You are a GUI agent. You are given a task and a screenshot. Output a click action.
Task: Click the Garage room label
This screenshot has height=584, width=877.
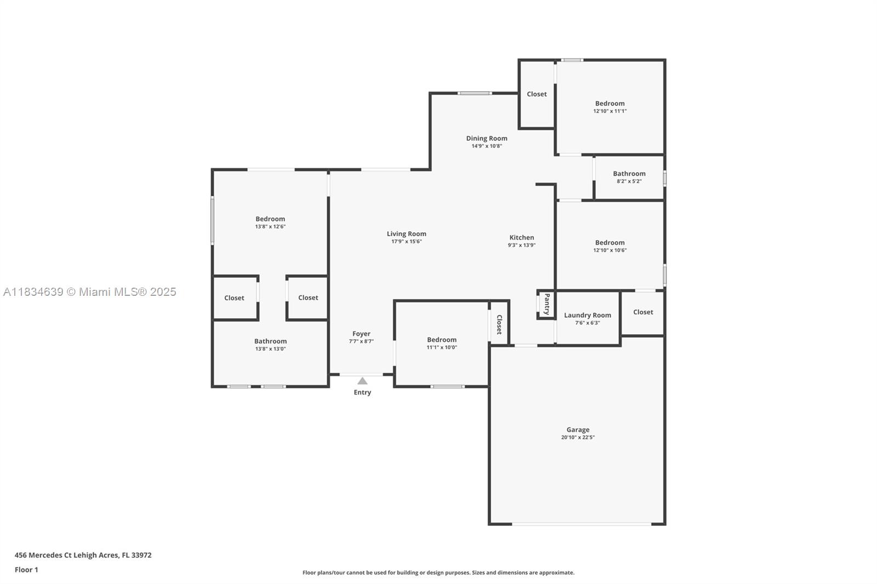tap(578, 430)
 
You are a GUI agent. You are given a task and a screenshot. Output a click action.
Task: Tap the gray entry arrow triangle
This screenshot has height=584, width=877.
tap(362, 381)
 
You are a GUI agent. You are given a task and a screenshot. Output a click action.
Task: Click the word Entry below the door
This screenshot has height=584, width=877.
tap(362, 392)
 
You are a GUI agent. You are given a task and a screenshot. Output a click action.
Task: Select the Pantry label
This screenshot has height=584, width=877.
tap(546, 304)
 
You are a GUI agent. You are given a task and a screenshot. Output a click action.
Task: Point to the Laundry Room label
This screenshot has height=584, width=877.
tap(587, 315)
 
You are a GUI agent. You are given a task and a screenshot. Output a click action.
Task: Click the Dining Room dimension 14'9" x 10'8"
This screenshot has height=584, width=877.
tap(487, 146)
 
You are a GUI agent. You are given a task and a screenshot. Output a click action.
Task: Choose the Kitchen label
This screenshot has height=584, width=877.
tap(521, 238)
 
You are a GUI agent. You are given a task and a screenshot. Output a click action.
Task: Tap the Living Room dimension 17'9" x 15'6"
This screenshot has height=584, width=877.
tap(406, 242)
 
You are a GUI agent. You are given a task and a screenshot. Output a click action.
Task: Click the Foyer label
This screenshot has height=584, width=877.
tap(361, 334)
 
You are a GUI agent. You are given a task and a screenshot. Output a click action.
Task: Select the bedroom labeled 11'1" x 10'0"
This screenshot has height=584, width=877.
tap(441, 340)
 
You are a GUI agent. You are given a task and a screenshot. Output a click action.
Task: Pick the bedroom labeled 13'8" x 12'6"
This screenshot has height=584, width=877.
tap(270, 219)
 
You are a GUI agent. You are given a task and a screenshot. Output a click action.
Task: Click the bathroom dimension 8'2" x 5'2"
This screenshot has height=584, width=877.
tap(629, 181)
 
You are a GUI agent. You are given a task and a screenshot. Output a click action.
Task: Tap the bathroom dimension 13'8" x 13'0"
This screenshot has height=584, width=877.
tap(270, 349)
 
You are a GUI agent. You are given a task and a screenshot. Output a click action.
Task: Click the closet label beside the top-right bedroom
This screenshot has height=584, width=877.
tap(537, 94)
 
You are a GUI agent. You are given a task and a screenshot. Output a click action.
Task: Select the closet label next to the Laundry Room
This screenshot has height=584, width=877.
tap(643, 312)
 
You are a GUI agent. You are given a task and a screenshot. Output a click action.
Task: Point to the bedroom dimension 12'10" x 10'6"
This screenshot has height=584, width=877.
tap(610, 250)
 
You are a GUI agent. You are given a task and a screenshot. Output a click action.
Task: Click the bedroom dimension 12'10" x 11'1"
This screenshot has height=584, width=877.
tap(610, 111)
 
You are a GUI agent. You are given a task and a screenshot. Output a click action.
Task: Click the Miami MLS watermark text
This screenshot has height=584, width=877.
tap(90, 292)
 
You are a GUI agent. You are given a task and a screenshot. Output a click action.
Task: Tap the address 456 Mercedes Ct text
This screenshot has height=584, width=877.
tap(83, 555)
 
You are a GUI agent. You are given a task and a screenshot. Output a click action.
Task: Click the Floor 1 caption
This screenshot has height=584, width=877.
tap(26, 570)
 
